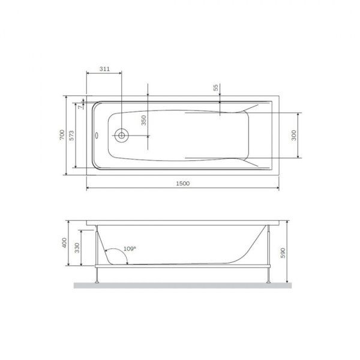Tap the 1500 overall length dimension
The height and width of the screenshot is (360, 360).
point(183,184)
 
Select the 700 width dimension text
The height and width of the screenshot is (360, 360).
point(61,135)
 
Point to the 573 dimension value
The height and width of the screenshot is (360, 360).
point(72,136)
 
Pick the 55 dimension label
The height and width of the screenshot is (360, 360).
point(216,88)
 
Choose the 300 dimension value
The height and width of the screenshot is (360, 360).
point(293,136)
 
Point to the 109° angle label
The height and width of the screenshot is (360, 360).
point(129,248)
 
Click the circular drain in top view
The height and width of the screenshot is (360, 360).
point(121,136)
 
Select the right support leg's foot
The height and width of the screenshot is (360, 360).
point(267,281)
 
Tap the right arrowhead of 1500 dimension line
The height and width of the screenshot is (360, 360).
point(277,188)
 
